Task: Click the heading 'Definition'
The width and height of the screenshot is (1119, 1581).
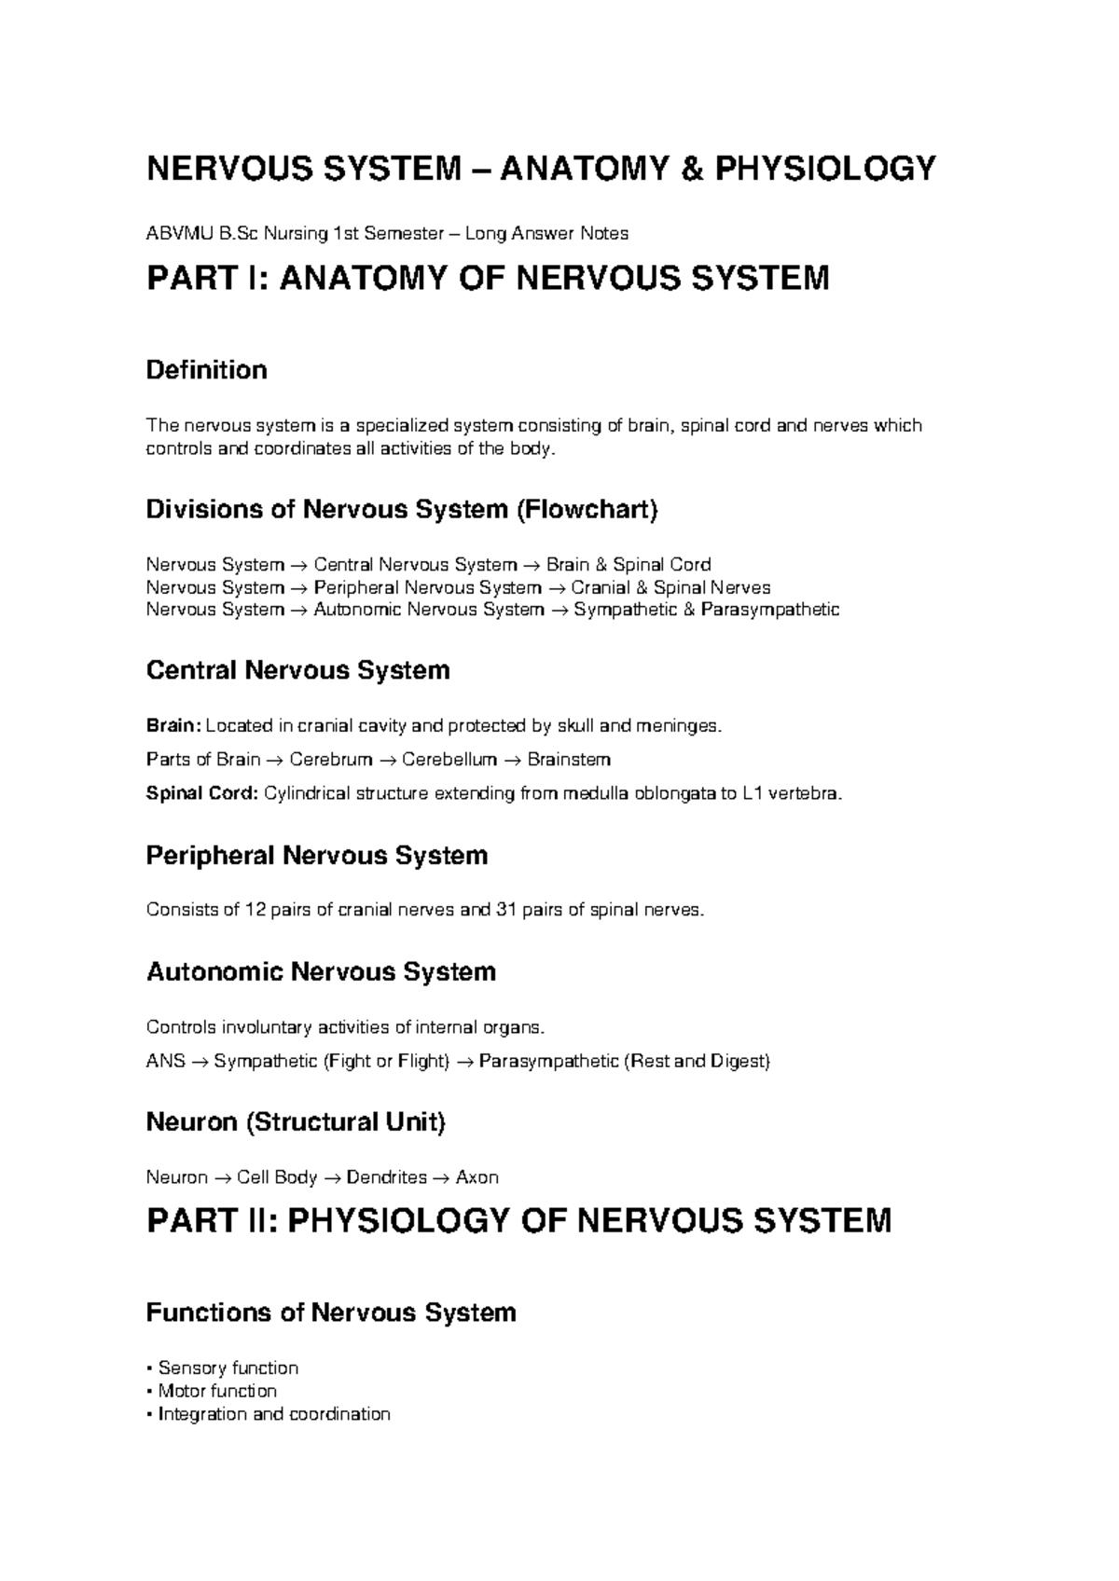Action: pyautogui.click(x=206, y=370)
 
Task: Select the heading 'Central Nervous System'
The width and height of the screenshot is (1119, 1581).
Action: pyautogui.click(x=297, y=670)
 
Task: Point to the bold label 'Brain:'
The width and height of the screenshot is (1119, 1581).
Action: pyautogui.click(x=173, y=725)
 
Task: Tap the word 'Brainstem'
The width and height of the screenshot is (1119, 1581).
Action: pyautogui.click(x=569, y=759)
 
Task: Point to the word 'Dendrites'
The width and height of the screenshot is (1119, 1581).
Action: pyautogui.click(x=386, y=1177)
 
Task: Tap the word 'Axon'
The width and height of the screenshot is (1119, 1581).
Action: pyautogui.click(x=477, y=1177)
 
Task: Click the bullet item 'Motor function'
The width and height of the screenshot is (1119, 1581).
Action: pyautogui.click(x=217, y=1391)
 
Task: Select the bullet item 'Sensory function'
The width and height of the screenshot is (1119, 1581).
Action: pyautogui.click(x=228, y=1368)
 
